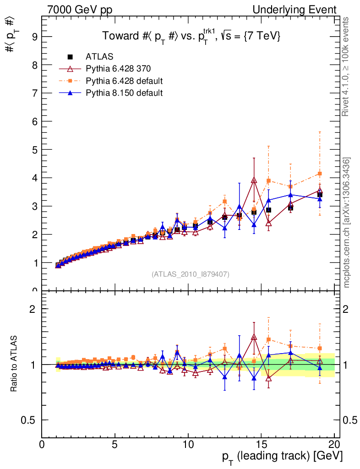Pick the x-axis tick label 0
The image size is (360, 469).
[42, 445]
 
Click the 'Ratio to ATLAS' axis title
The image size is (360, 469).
[15, 364]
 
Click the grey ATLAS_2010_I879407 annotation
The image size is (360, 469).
[191, 274]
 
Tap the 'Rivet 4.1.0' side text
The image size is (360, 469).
[347, 66]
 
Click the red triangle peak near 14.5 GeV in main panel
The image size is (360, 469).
[254, 180]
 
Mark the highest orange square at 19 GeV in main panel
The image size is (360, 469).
[320, 174]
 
